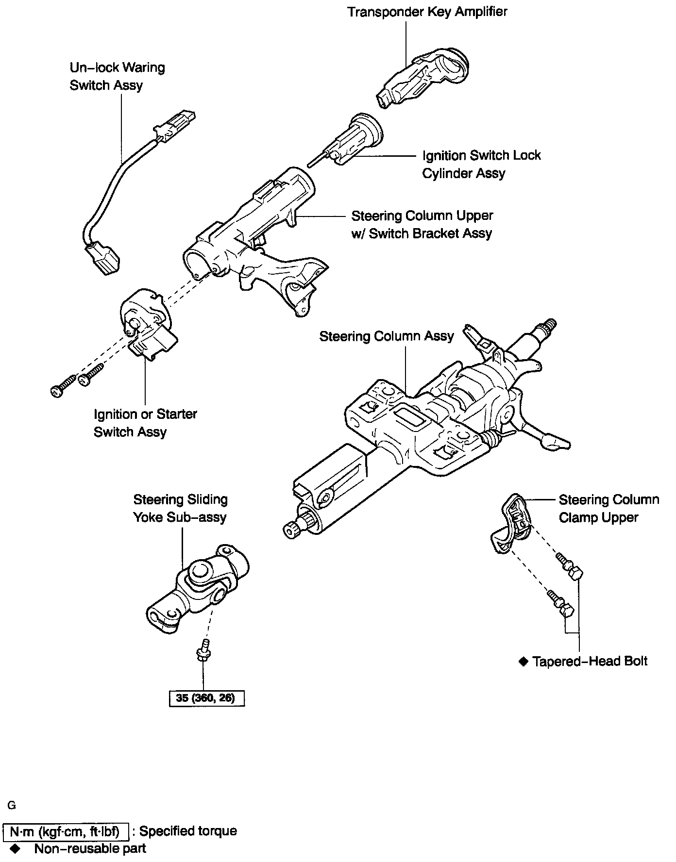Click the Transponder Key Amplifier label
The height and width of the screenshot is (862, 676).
427,12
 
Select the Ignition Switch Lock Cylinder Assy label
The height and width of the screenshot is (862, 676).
481,164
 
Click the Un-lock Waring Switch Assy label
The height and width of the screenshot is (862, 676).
117,76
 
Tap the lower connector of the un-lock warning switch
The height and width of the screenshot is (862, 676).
103,257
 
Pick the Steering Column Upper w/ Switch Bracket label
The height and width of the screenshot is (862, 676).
422,224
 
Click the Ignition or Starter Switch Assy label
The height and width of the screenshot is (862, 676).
145,423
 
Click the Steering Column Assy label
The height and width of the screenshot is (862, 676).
387,336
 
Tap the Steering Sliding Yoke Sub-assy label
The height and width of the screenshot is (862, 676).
180,508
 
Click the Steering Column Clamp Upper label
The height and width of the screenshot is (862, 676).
608,508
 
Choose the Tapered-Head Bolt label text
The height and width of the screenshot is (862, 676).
590,661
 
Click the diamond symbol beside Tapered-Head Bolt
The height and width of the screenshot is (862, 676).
523,661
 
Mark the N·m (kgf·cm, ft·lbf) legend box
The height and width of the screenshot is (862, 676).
66,832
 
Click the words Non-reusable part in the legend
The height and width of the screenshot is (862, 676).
90,848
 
